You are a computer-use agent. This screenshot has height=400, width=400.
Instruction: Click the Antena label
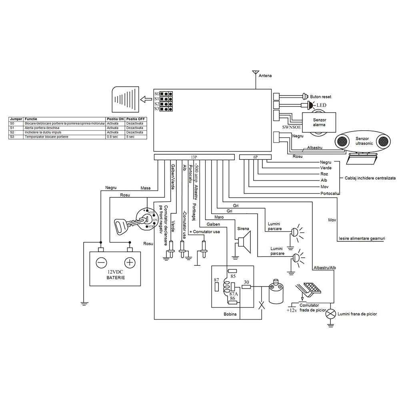coord(265,76)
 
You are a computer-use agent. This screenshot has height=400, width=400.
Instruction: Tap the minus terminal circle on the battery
coord(101,262)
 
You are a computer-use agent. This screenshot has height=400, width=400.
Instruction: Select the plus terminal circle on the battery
coord(130,262)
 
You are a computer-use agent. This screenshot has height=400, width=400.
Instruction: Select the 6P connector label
coord(255,157)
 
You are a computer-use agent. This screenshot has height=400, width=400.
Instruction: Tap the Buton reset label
coord(320,97)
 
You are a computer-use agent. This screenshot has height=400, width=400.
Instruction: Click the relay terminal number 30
coord(246,282)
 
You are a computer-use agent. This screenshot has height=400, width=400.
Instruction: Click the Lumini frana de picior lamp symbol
coord(330,314)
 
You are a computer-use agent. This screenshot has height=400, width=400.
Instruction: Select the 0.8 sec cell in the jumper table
coord(112,137)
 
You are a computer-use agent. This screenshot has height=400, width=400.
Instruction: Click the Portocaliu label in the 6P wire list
coord(330,193)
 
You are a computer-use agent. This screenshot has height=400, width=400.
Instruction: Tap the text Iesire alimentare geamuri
coord(362,239)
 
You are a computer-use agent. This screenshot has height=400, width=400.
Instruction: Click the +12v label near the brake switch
coord(291,310)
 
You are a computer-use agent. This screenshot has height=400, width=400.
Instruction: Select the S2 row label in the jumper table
coord(12,132)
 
